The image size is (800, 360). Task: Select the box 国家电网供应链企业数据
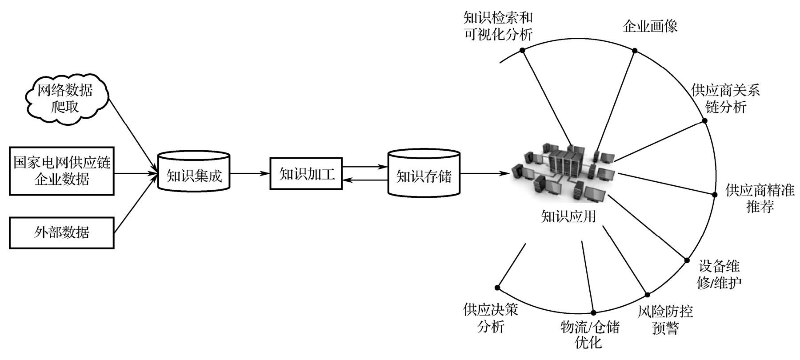(62, 171)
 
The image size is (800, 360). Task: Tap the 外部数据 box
(62, 232)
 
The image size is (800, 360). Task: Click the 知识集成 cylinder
(194, 173)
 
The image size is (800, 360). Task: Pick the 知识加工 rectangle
(306, 173)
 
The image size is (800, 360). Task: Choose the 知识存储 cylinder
(424, 174)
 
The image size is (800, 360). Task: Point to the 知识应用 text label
(568, 216)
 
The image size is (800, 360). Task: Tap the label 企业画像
(650, 27)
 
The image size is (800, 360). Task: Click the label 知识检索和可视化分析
(498, 26)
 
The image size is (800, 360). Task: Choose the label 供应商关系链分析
(725, 99)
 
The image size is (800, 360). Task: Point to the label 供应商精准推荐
(760, 198)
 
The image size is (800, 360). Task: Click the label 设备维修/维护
(719, 274)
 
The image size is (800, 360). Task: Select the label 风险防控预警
(665, 320)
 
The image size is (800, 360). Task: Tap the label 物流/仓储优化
(589, 335)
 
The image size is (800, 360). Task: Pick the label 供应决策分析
(491, 318)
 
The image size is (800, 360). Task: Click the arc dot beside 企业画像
(635, 51)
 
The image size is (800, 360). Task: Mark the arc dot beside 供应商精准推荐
(715, 195)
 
